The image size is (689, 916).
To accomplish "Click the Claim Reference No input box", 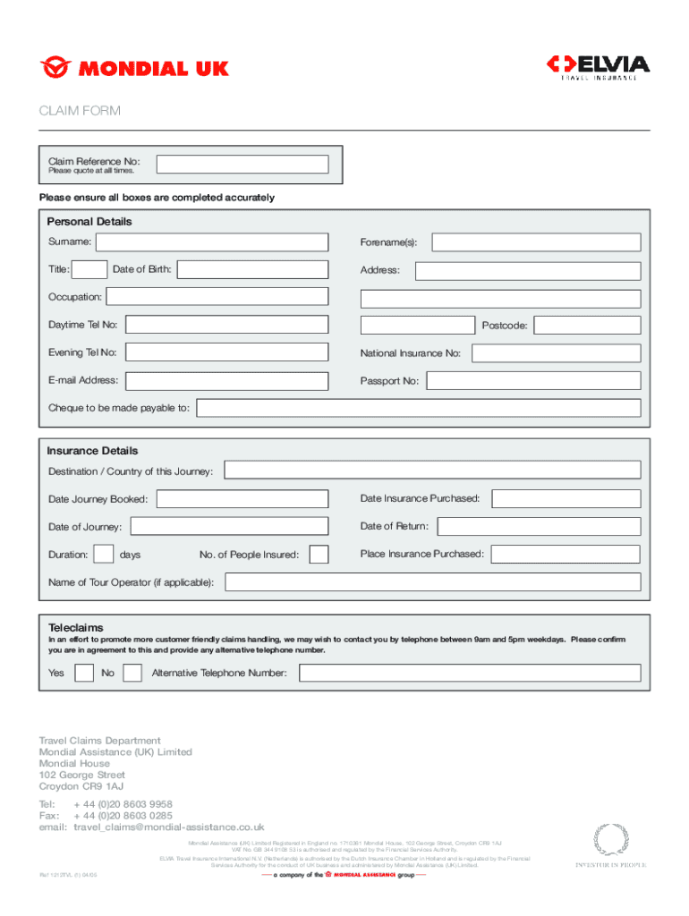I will pos(242,165).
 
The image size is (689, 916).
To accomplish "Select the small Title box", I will pos(89,269).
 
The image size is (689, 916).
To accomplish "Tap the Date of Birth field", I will pos(253,269).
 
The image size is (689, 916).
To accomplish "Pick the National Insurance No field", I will pos(556,353).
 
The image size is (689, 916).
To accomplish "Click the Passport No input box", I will pos(533,381).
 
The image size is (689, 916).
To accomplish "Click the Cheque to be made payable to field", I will pos(418,409).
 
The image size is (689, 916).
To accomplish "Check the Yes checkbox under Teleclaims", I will pos(84,673).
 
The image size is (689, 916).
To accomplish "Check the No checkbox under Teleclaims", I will pos(132,673).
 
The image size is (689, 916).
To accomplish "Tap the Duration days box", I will pos(104,555).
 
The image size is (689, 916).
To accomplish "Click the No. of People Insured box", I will pos(319,555).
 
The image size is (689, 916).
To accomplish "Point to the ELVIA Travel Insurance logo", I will pos(598,68).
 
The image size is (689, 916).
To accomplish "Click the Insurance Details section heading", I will pos(92,451).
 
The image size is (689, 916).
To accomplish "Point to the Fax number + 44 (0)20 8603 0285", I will pos(123,816).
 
